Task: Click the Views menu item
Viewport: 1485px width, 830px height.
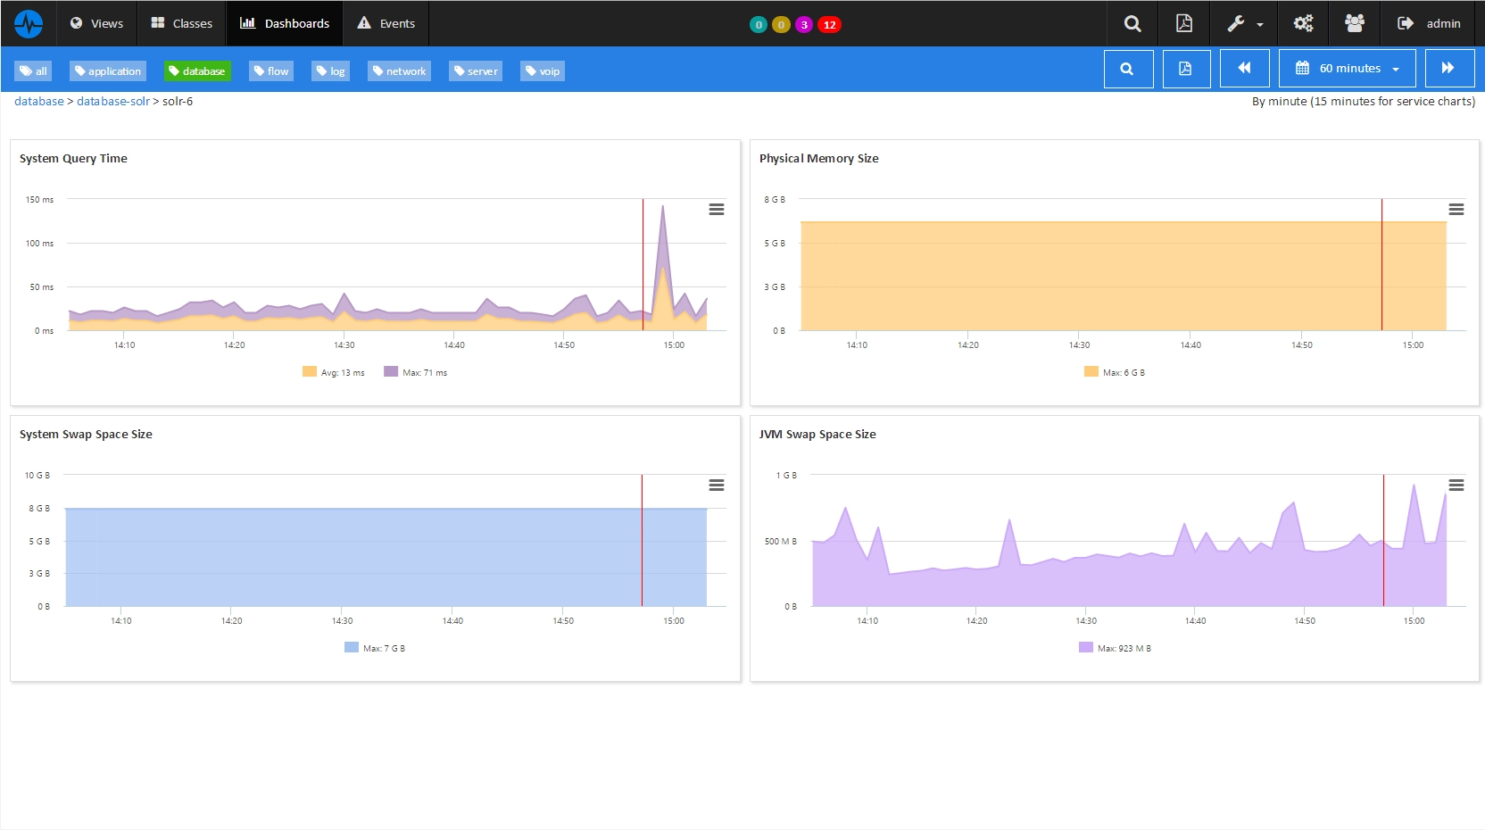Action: (x=96, y=23)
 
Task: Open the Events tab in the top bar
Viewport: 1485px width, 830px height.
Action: (x=386, y=23)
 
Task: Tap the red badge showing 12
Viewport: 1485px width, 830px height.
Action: (x=829, y=24)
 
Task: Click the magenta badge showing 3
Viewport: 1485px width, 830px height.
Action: (x=803, y=24)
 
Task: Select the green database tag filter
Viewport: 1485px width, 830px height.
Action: (x=197, y=71)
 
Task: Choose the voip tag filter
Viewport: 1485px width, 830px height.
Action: (x=543, y=71)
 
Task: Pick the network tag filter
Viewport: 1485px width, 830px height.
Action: (x=399, y=71)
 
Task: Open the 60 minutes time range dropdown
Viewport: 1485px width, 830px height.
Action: (x=1347, y=69)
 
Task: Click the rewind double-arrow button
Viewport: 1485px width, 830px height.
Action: (x=1244, y=69)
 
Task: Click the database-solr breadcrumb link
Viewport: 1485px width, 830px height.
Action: (x=112, y=102)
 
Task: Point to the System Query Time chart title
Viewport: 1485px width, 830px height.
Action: (x=73, y=159)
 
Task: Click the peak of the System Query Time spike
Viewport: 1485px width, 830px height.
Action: (x=662, y=205)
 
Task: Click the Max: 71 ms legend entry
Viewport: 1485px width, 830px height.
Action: (x=416, y=372)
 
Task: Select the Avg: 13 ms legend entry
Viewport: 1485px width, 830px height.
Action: (x=334, y=372)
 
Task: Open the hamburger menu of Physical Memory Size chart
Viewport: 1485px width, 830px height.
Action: (x=1456, y=210)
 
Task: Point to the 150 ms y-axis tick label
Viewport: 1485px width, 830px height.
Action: (x=40, y=200)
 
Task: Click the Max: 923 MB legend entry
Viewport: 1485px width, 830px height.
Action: (x=1115, y=648)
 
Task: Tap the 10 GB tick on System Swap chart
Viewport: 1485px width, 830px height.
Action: (x=37, y=476)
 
